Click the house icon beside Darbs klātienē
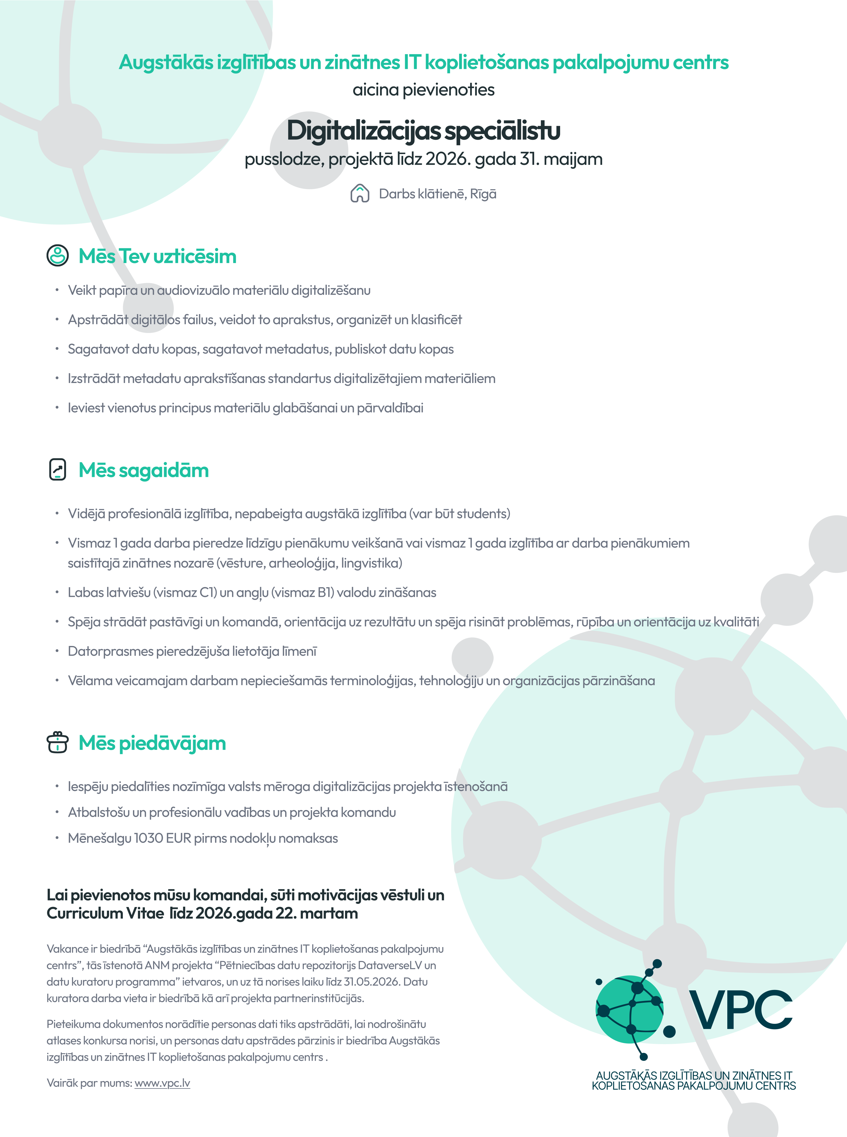click(360, 194)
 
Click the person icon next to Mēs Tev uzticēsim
click(57, 255)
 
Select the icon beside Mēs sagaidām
click(57, 469)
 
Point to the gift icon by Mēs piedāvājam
click(57, 742)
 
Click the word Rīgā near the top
click(483, 194)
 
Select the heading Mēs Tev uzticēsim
click(158, 256)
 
